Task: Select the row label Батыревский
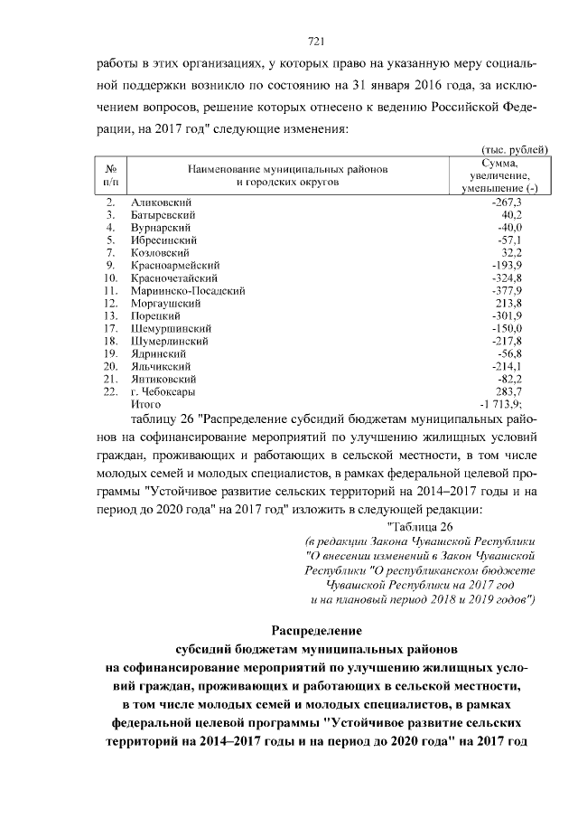(163, 215)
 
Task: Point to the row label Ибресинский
(163, 240)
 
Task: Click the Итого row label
(145, 405)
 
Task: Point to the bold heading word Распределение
(316, 629)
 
